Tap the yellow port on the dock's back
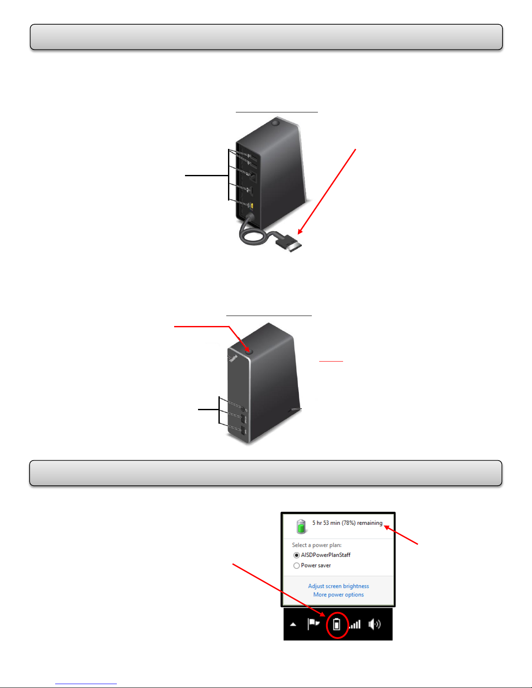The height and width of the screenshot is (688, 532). point(251,205)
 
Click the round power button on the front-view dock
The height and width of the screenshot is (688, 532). point(249,351)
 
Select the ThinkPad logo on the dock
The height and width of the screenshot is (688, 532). point(233,359)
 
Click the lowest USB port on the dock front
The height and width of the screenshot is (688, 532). point(243,431)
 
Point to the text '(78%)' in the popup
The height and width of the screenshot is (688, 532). point(348,523)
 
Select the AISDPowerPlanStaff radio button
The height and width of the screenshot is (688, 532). point(297,555)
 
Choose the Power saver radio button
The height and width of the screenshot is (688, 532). point(297,566)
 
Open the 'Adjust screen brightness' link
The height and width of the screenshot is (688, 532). point(338,586)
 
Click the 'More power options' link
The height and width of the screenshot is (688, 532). point(338,595)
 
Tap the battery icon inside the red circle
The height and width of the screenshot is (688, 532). point(337,625)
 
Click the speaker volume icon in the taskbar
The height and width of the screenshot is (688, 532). point(374,624)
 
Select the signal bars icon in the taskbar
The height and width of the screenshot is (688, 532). point(355,625)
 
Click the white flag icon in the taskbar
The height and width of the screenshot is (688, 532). point(313,624)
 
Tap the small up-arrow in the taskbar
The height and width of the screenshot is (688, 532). point(293,625)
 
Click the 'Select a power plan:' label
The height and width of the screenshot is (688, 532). point(317,545)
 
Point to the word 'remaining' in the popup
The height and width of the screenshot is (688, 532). point(370,523)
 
